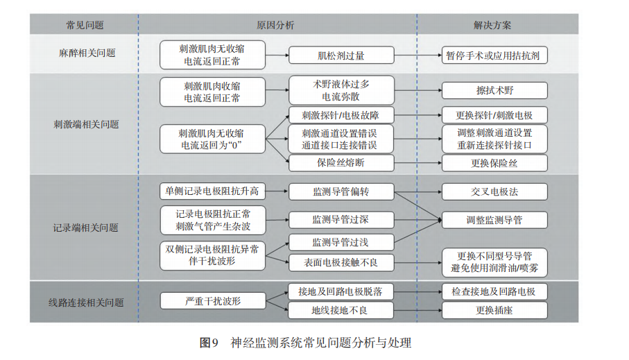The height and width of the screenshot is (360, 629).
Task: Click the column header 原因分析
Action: coord(275,25)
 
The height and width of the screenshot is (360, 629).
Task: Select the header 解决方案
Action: coord(492,25)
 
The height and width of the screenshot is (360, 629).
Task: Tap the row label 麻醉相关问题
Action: coord(87,53)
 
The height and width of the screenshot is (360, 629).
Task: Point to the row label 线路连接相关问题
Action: coord(86,302)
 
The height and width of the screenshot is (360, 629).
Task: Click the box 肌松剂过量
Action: coord(341,55)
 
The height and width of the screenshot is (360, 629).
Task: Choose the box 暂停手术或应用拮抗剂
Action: coord(494,55)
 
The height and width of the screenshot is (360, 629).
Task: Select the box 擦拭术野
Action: coord(494,90)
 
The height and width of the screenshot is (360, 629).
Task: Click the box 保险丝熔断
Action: coord(341,163)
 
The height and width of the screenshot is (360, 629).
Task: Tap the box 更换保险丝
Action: coord(494,163)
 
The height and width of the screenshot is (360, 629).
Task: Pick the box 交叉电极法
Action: coord(494,192)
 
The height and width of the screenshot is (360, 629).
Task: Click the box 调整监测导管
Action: coord(494,220)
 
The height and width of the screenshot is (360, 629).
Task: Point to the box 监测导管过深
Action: coord(341,219)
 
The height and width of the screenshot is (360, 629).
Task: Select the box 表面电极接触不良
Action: coord(341,262)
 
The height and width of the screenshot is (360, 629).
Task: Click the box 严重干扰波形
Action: coord(213,300)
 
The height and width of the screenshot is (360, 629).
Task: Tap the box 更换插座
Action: coord(494,310)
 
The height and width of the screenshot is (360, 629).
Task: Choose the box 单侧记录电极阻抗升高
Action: coord(213,191)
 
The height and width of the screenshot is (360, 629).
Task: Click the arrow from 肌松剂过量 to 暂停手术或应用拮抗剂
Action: coord(418,55)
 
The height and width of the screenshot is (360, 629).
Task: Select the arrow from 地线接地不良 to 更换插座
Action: coord(418,310)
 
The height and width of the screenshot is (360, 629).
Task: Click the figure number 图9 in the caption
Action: coord(209,343)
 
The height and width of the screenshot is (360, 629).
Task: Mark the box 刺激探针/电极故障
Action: coord(341,115)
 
